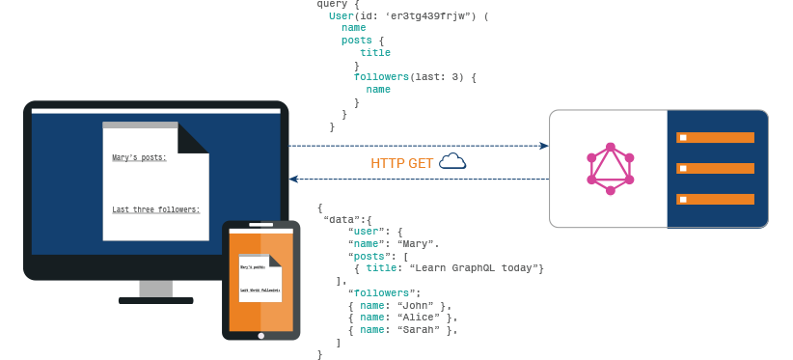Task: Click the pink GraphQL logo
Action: (x=611, y=170)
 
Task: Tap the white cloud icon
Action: (x=452, y=162)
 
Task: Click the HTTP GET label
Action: (x=401, y=163)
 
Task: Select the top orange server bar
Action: (x=715, y=138)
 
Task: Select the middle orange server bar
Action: (x=715, y=169)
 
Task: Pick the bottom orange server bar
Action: (x=715, y=200)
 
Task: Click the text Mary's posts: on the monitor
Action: (x=139, y=157)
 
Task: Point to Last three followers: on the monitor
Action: (x=155, y=209)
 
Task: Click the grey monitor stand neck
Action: (x=155, y=289)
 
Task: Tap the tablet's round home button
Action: (x=260, y=336)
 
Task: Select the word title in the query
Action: (x=375, y=53)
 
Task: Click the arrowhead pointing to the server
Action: (x=543, y=147)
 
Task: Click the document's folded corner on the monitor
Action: (x=192, y=139)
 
